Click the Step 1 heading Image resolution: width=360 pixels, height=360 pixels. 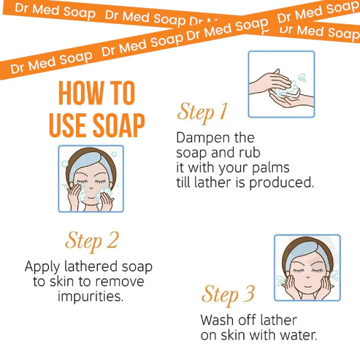(202, 112)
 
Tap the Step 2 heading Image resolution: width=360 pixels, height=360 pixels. (92, 241)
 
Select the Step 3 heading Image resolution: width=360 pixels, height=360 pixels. (228, 295)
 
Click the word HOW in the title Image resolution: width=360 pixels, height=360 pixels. (80, 93)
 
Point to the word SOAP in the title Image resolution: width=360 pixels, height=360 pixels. (119, 126)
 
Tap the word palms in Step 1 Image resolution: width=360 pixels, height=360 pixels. (270, 168)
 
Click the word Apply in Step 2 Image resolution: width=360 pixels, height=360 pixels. (42, 267)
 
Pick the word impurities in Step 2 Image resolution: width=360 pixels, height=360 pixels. (91, 296)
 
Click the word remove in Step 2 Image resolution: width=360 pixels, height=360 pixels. (119, 282)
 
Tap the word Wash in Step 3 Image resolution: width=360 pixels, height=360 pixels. (217, 320)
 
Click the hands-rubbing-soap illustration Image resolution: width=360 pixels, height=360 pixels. (281, 84)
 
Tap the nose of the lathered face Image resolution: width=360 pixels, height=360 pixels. (91, 187)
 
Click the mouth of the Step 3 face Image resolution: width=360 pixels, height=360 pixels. (307, 286)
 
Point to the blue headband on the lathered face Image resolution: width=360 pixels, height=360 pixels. (91, 163)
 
